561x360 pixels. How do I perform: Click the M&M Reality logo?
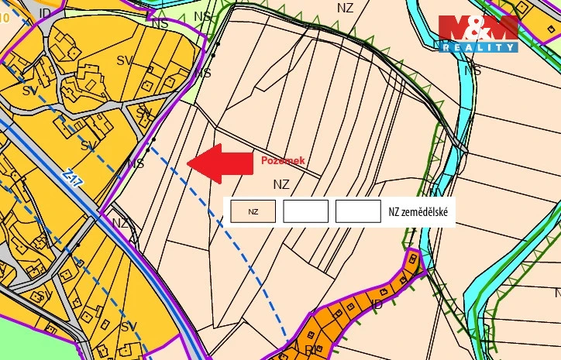tap(478, 34)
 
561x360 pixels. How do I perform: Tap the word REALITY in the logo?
tap(478, 47)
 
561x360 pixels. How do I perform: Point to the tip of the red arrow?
tap(189, 163)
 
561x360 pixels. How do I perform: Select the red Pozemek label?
tap(282, 160)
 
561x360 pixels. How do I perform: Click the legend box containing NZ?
tap(253, 211)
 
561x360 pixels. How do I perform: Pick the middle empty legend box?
tap(305, 211)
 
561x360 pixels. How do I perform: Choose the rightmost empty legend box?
tap(358, 211)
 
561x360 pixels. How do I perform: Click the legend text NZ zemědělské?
tap(422, 211)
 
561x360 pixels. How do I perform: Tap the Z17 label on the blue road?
tap(74, 180)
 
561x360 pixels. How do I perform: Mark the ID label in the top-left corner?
tap(44, 15)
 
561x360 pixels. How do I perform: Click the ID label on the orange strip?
tap(377, 304)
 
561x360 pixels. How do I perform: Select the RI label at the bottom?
tap(309, 350)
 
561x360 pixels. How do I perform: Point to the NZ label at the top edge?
tap(346, 8)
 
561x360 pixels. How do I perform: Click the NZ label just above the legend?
tap(281, 184)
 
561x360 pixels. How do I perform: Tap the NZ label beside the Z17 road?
tap(120, 223)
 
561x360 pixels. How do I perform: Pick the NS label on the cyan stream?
tap(472, 70)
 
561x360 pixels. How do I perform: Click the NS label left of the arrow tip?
tap(136, 164)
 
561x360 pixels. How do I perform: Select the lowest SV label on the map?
tap(129, 327)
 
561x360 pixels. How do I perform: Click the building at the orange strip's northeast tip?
tap(414, 259)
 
